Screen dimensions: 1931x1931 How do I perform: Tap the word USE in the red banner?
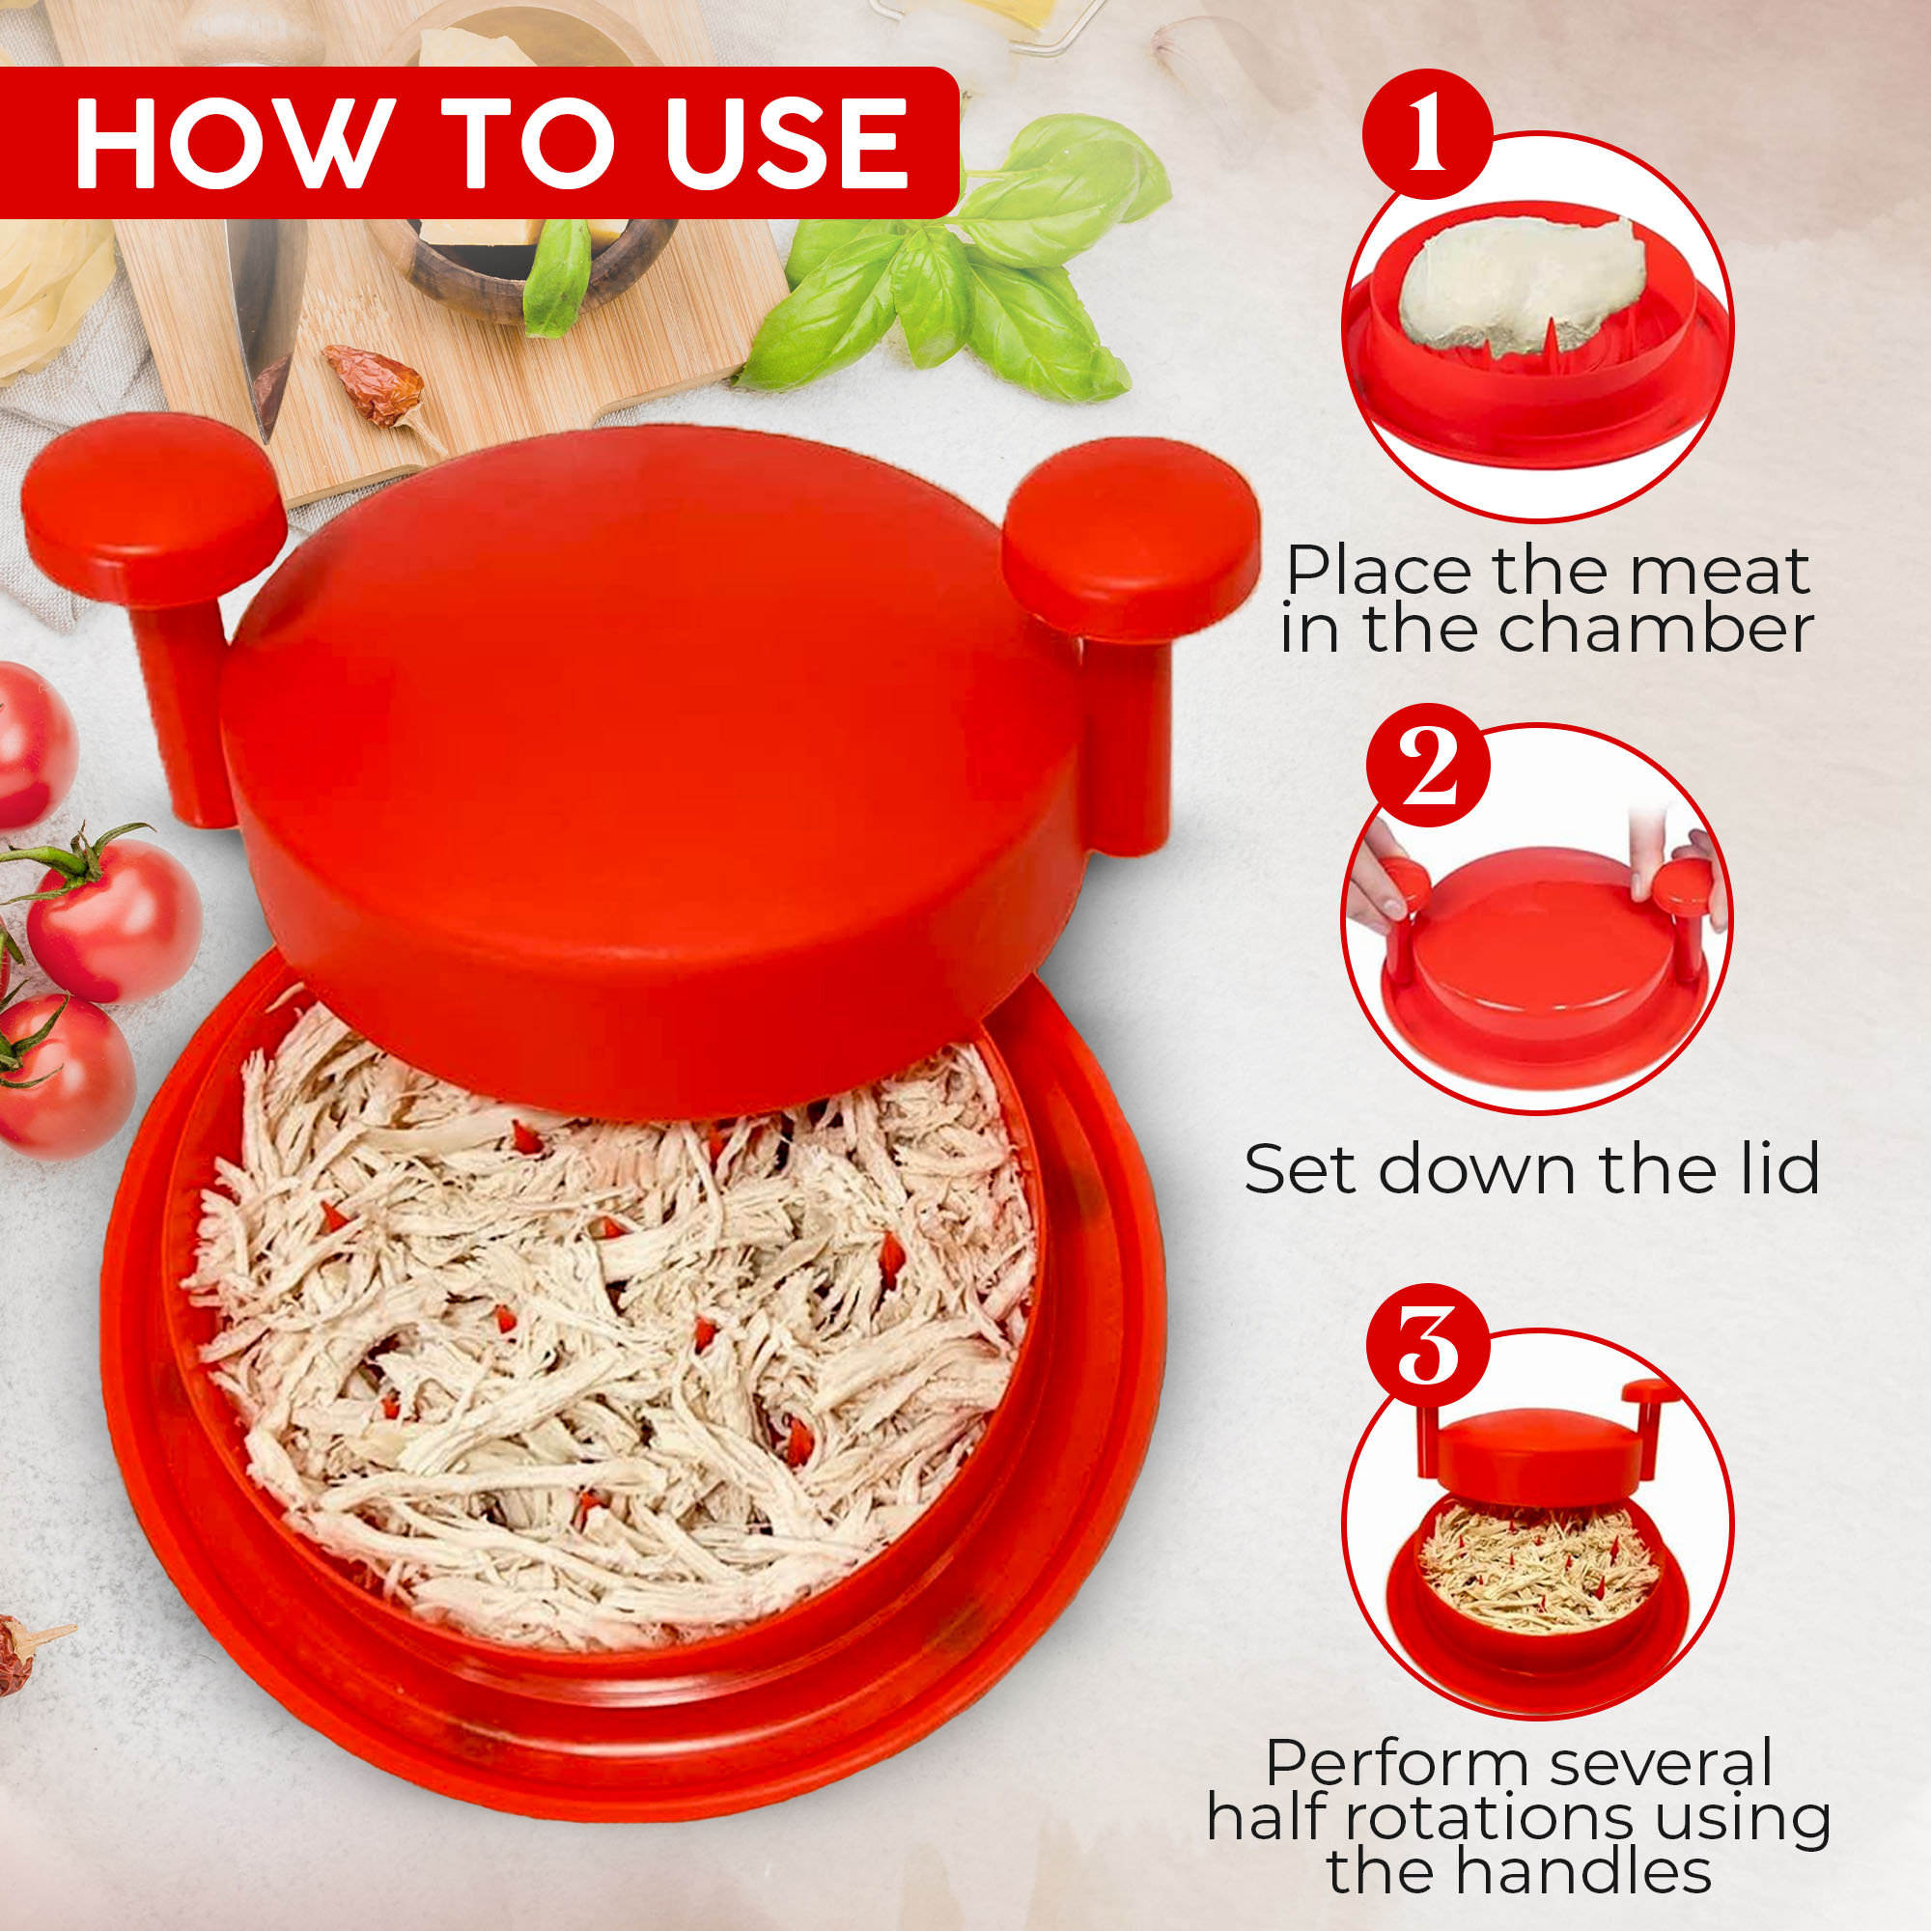click(x=785, y=142)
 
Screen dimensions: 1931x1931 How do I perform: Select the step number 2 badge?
click(x=1428, y=766)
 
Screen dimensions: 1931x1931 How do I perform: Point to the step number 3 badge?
click(x=1427, y=1345)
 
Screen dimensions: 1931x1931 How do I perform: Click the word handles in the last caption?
click(x=1583, y=1870)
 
